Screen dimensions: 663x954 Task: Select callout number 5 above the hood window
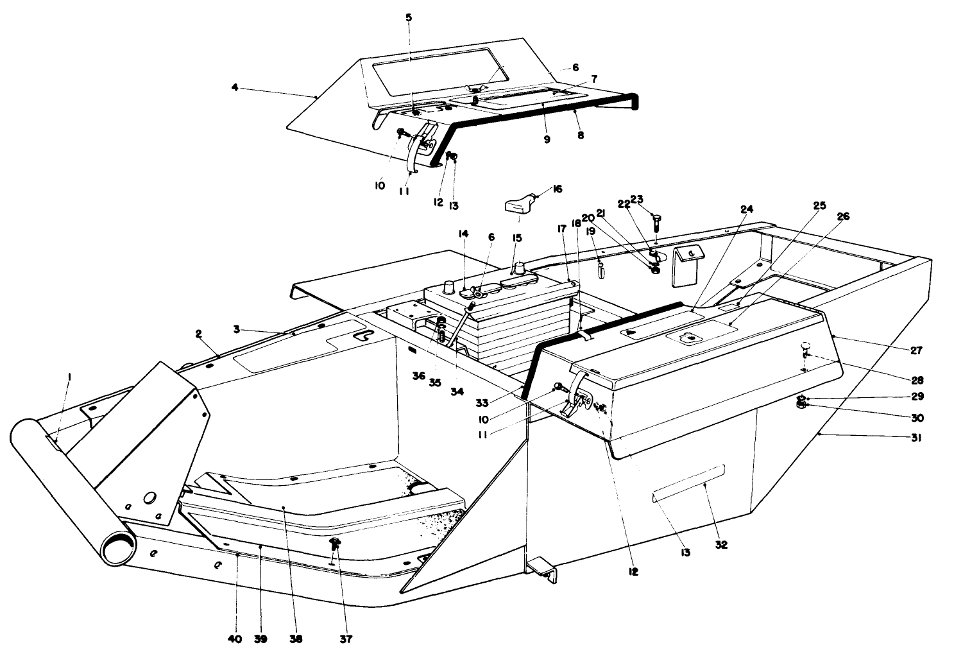[x=409, y=17]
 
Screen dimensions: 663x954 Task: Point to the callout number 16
[x=557, y=189]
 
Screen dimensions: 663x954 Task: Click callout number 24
[x=746, y=209]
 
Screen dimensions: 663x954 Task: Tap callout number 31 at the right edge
[x=917, y=438]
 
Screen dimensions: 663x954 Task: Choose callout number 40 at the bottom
[x=235, y=639]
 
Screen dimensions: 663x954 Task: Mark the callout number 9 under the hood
[x=547, y=139]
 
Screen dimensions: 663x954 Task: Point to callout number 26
[x=842, y=217]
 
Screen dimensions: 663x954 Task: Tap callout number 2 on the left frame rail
[x=199, y=334]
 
